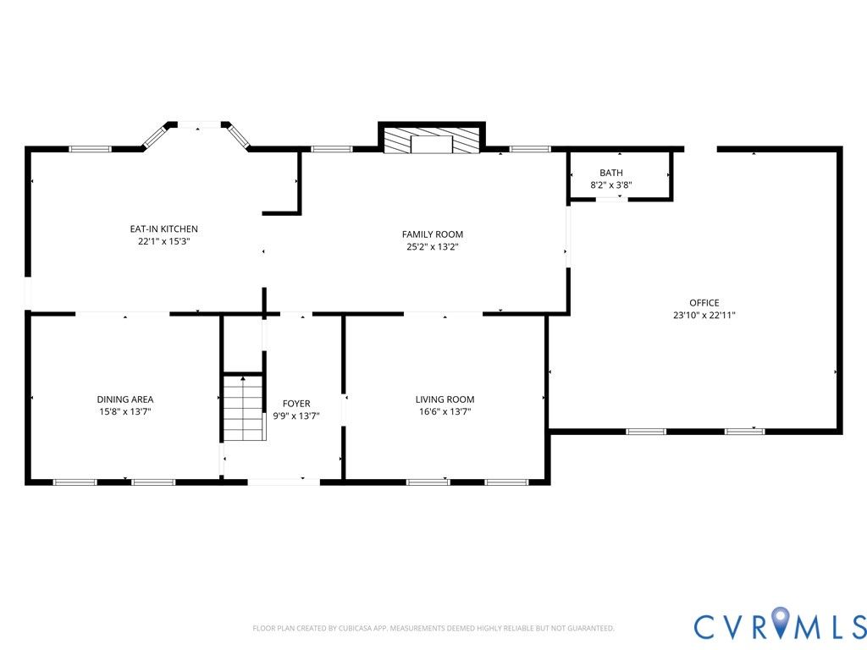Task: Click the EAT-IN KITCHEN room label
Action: tap(163, 229)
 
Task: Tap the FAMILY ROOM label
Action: tap(433, 234)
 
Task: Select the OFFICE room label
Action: tap(704, 303)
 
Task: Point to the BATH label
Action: tap(611, 173)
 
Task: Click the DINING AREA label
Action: tap(125, 399)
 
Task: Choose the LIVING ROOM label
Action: tap(445, 399)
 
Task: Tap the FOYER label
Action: tap(296, 404)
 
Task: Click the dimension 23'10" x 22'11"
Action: tap(704, 316)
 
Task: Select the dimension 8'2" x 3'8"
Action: tap(611, 185)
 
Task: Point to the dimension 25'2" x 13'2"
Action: tap(433, 247)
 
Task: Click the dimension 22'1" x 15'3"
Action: tap(163, 241)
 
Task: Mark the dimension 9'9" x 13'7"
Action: tap(296, 416)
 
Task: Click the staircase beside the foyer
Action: tap(243, 408)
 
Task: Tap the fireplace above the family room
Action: tap(431, 140)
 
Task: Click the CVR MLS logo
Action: tap(780, 627)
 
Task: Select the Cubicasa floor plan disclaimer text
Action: tap(433, 629)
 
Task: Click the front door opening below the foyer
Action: tap(283, 482)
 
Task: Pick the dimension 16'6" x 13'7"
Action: tap(445, 412)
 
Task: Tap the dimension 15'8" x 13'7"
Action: tap(125, 412)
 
